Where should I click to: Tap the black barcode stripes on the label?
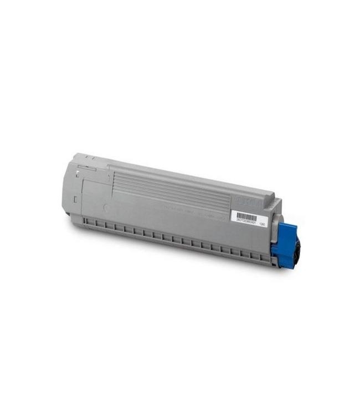(x=246, y=216)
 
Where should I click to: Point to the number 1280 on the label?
(x=263, y=225)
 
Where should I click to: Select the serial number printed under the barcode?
(x=244, y=222)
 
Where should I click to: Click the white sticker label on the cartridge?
(x=248, y=218)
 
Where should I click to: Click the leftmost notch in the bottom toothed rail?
(x=89, y=223)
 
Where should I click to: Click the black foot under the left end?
(x=68, y=212)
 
